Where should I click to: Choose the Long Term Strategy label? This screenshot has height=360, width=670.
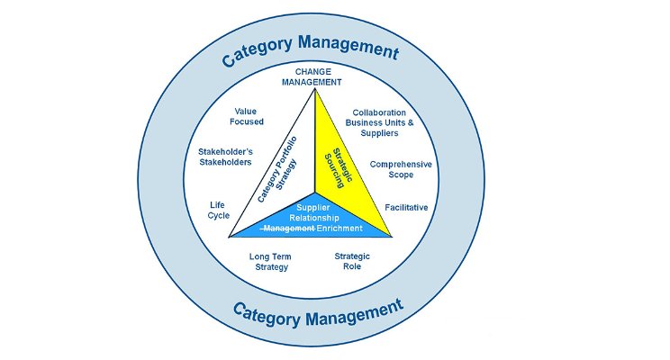(x=269, y=262)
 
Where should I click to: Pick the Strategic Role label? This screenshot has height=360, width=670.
(x=352, y=262)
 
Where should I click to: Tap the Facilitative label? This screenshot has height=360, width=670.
(x=406, y=208)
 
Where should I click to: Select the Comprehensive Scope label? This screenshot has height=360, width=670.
(x=401, y=169)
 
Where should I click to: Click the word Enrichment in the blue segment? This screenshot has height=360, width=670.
(x=338, y=229)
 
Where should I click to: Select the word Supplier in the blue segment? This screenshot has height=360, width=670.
(x=312, y=206)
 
